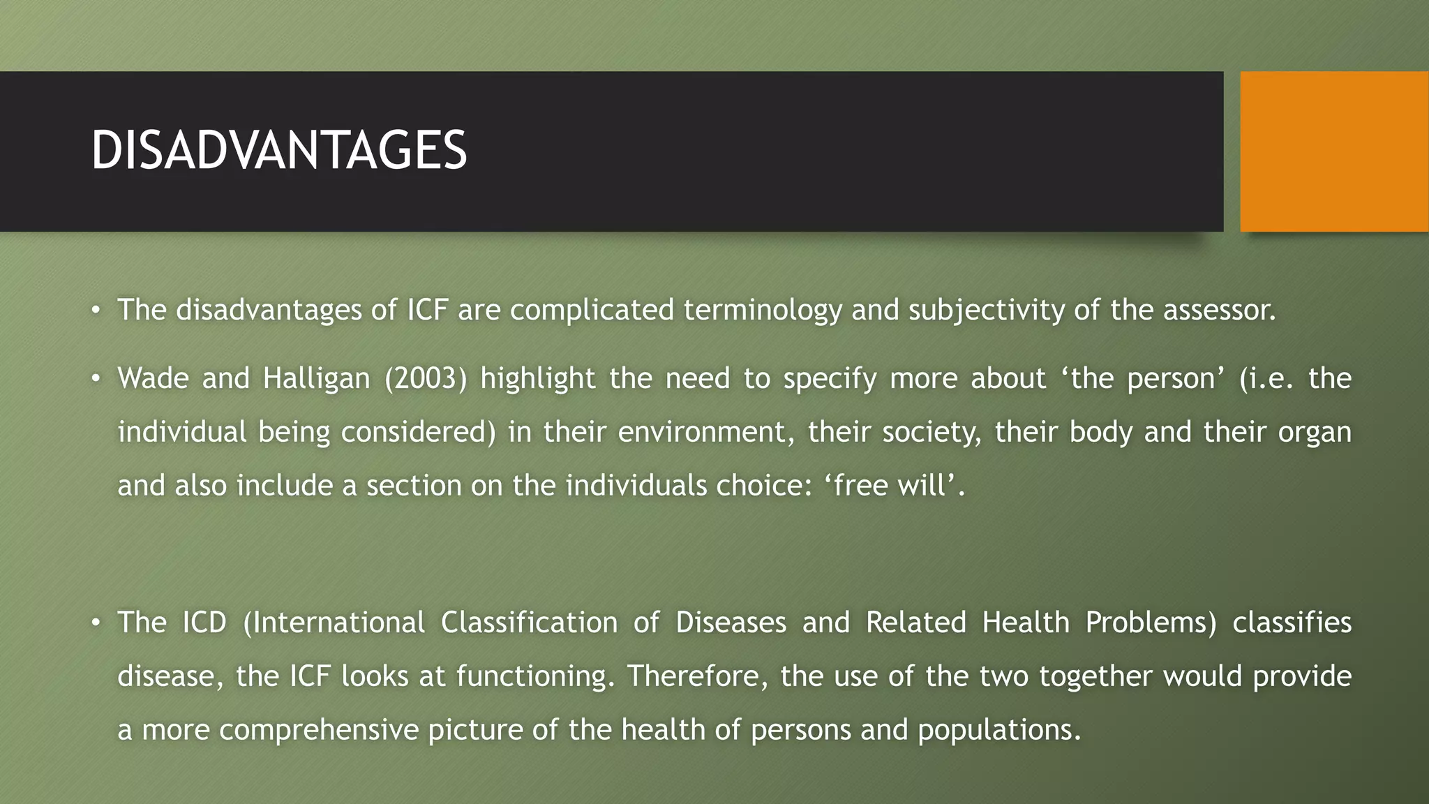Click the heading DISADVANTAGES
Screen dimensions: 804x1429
(x=278, y=151)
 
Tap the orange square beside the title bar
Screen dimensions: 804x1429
(x=1333, y=151)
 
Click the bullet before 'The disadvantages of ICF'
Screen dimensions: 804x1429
(x=96, y=310)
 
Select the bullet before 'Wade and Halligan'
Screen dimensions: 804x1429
(x=96, y=378)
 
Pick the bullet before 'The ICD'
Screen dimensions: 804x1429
(x=96, y=623)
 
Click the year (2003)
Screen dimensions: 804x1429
(x=425, y=378)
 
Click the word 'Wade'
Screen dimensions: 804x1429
(x=153, y=378)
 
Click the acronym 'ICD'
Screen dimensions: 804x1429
(x=204, y=623)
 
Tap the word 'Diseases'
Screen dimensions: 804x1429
(x=731, y=623)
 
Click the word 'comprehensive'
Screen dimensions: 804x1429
(x=318, y=730)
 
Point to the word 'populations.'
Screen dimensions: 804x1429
(x=999, y=730)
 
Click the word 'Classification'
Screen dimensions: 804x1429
(x=529, y=623)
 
